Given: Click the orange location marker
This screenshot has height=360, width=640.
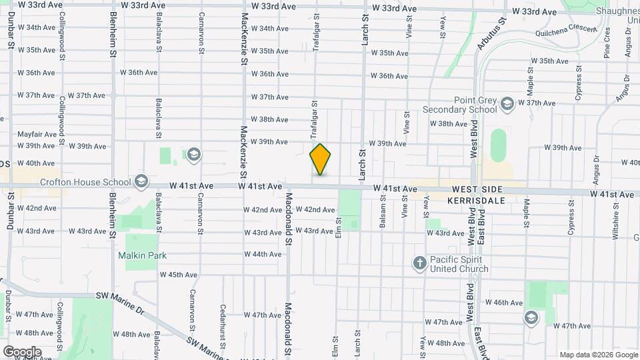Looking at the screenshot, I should [x=320, y=159].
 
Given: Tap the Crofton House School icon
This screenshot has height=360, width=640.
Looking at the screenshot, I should [x=141, y=181].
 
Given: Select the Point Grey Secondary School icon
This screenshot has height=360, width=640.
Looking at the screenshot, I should [x=507, y=103].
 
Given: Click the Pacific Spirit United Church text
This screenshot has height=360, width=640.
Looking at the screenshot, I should [x=459, y=264].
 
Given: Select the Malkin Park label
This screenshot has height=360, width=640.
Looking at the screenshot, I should [x=142, y=255].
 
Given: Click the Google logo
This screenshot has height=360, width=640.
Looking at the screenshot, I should [x=22, y=351].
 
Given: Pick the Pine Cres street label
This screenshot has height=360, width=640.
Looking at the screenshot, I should [x=607, y=43].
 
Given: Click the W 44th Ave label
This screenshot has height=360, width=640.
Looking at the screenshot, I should [x=262, y=254].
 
